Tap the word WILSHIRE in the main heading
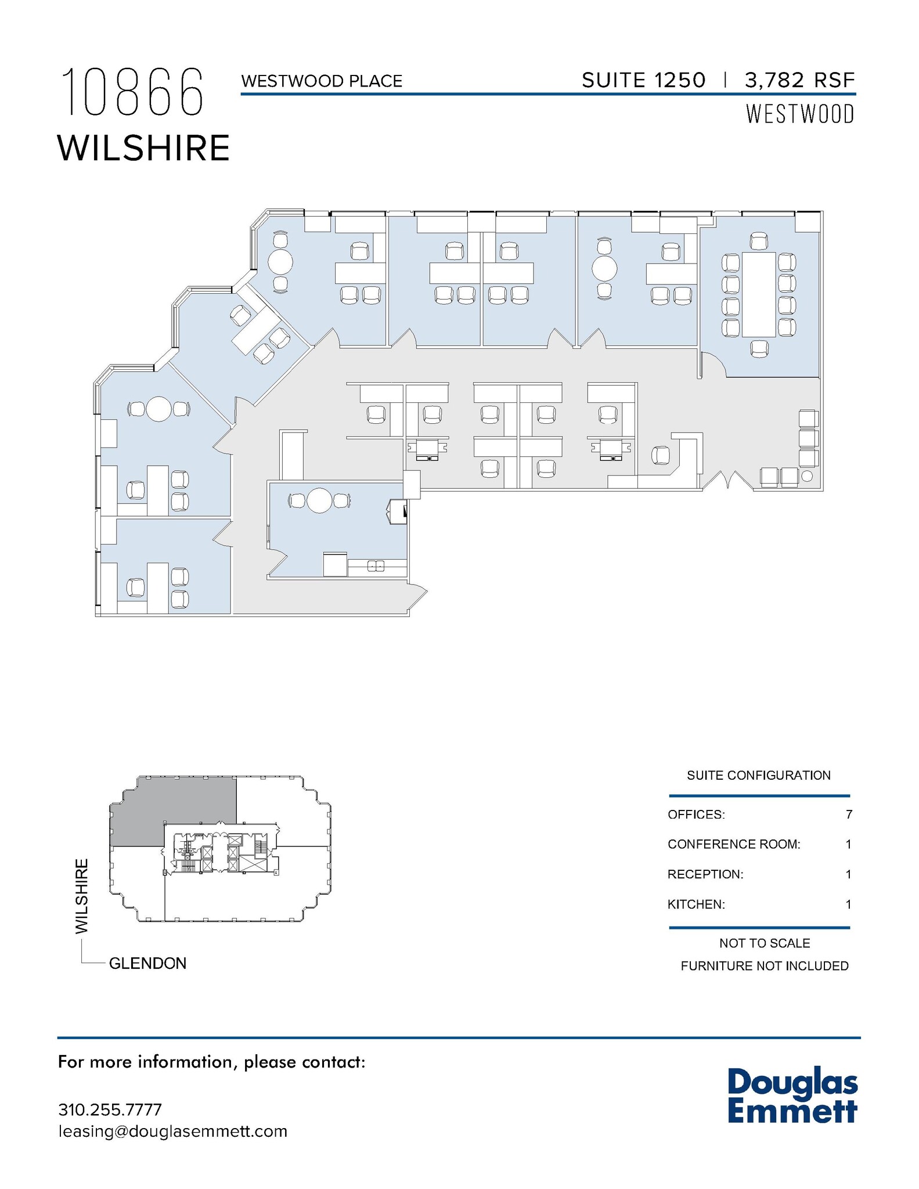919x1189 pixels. pyautogui.click(x=143, y=148)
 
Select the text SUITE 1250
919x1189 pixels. pyautogui.click(x=643, y=80)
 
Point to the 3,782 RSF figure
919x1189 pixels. pyautogui.click(x=799, y=80)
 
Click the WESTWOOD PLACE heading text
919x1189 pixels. pyautogui.click(x=322, y=81)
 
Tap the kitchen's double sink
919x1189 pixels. pyautogui.click(x=376, y=565)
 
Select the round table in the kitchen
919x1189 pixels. pyautogui.click(x=319, y=500)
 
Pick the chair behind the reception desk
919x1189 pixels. pyautogui.click(x=661, y=455)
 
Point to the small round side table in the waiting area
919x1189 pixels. pyautogui.click(x=807, y=476)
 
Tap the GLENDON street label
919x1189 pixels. pyautogui.click(x=147, y=963)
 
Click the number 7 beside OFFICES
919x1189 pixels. pyautogui.click(x=849, y=815)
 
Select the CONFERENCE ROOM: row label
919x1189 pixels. pyautogui.click(x=734, y=844)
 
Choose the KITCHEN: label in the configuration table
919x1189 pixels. pyautogui.click(x=696, y=904)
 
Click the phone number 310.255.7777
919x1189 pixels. pyautogui.click(x=110, y=1109)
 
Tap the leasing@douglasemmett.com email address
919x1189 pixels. pyautogui.click(x=172, y=1131)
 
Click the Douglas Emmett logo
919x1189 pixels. pyautogui.click(x=792, y=1096)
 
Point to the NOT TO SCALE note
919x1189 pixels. pyautogui.click(x=764, y=943)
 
